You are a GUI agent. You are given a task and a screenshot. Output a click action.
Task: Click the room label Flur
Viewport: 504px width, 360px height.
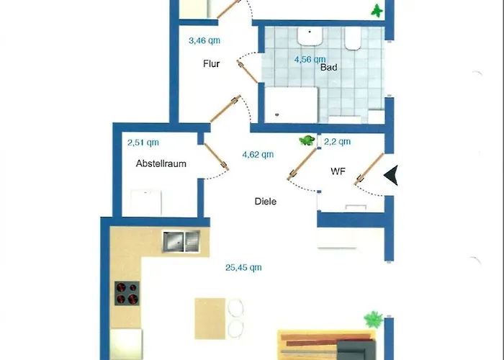[211, 63]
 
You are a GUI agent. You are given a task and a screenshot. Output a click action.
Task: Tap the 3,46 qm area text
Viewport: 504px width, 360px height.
[204, 41]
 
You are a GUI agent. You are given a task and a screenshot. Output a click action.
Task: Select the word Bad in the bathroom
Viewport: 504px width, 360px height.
[329, 68]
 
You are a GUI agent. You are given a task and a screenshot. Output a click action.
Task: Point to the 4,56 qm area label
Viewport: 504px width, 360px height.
[310, 60]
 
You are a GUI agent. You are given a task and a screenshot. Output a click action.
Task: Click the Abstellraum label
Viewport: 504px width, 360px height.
[161, 163]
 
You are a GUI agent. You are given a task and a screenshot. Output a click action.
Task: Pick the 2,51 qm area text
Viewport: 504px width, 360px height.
[143, 143]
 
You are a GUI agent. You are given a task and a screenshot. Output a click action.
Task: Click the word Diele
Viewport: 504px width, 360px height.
[266, 202]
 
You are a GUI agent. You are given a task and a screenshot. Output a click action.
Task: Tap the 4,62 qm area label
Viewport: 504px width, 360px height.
[258, 155]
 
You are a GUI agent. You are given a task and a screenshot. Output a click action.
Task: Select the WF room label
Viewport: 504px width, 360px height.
[338, 171]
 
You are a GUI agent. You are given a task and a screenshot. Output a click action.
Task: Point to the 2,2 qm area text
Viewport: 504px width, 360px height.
[337, 142]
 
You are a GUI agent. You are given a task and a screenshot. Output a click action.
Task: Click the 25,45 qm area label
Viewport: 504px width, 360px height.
[243, 267]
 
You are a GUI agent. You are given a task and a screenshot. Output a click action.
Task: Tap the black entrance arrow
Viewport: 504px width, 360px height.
[391, 175]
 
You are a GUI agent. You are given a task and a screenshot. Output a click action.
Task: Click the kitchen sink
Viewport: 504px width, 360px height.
[181, 241]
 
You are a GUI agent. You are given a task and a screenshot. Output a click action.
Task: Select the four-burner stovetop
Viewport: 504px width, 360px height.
[127, 293]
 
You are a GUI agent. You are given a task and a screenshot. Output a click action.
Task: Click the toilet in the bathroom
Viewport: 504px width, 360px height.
[353, 39]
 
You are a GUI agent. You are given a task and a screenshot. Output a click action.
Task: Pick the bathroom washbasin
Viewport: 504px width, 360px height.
[310, 36]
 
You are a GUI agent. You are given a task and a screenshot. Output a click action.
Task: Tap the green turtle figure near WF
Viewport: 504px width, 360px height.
[307, 140]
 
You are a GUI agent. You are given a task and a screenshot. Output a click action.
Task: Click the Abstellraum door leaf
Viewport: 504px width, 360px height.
[216, 156]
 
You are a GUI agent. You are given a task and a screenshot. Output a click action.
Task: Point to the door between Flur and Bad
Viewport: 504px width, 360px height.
[247, 71]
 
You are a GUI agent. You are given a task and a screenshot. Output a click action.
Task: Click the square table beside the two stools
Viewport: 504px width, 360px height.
[210, 318]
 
